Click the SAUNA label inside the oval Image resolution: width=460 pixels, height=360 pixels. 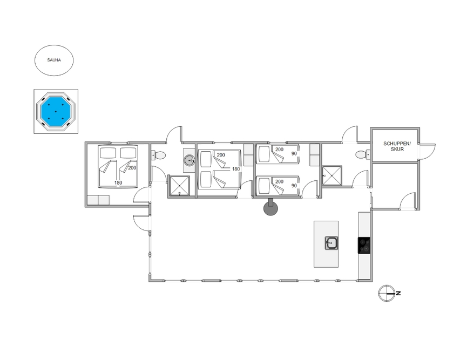pos(54,60)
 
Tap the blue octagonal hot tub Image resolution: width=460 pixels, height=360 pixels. pos(56,111)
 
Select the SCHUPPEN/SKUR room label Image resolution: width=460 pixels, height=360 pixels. pos(397,146)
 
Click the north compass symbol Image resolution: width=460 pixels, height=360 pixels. pos(387,293)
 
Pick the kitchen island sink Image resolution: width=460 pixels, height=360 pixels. pos(331,243)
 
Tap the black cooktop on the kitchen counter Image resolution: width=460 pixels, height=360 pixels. pos(364,246)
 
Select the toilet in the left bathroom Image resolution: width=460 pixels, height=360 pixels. pos(158,155)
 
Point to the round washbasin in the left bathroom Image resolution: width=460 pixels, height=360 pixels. pos(190,160)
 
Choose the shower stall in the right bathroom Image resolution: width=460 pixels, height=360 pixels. pos(332,175)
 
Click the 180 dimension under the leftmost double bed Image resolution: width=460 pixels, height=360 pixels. pos(118,182)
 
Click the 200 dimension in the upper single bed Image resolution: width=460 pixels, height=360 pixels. pos(279,150)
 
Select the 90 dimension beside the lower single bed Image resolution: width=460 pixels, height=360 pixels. pos(294,186)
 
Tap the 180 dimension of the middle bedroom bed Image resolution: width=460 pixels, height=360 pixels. pos(236,169)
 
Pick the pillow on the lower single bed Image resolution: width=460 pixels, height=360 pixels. pos(263,185)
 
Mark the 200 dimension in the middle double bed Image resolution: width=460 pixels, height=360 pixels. pos(221,155)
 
